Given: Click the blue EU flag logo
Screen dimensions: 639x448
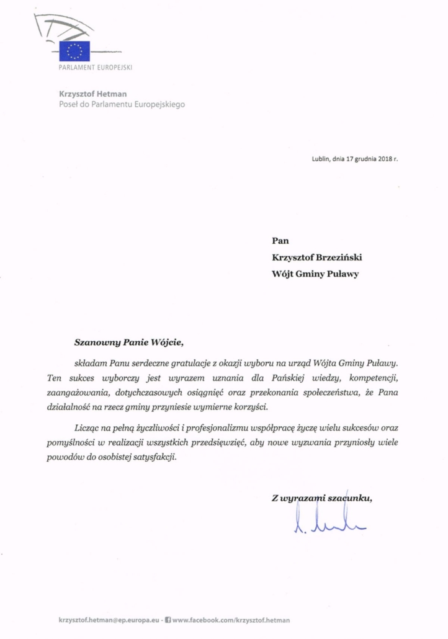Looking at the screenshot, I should tap(75, 51).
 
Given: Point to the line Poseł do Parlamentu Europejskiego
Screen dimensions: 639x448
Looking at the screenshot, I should tap(117, 104).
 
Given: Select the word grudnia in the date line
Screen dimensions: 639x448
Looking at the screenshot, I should tap(356, 158).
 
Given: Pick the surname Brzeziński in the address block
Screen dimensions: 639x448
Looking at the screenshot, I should tap(342, 255).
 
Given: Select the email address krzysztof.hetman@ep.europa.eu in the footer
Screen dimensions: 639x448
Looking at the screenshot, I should tap(107, 620).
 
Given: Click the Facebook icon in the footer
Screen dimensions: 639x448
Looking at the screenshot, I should tap(168, 620).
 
